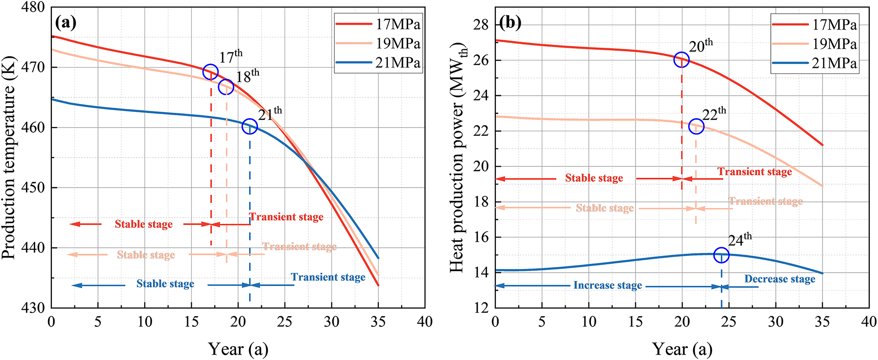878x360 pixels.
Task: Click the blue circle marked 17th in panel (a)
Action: point(210,72)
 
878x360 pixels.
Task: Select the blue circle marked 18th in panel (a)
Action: point(226,86)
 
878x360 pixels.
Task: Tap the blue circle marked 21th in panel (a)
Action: point(250,126)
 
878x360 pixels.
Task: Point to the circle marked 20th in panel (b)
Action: point(682,60)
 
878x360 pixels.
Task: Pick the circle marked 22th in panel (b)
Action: point(696,126)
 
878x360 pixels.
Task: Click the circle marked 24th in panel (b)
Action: point(721,255)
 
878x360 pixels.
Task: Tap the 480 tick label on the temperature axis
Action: point(33,7)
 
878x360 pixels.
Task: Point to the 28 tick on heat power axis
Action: point(481,24)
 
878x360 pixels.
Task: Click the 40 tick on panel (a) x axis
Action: point(425,322)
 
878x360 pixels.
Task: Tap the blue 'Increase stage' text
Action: point(608,286)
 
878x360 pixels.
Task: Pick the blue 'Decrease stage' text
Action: point(780,279)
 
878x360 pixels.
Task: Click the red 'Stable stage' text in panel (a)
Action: point(144,224)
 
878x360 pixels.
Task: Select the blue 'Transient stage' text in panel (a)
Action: point(328,277)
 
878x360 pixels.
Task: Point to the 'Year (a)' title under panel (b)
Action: point(682,349)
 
